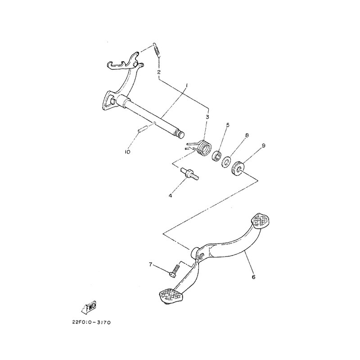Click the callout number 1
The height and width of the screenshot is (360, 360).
[187, 85]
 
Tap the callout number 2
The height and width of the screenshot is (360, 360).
[159, 72]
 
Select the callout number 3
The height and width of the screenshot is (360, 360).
[207, 117]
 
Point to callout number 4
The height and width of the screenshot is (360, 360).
[171, 196]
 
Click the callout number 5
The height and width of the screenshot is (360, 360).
[228, 125]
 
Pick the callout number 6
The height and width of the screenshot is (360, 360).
[253, 277]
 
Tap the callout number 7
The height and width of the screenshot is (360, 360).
[151, 265]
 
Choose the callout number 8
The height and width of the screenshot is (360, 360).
[247, 135]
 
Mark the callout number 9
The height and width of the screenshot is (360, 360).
[263, 145]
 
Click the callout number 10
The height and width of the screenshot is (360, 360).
[127, 152]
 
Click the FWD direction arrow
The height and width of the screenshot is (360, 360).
[89, 307]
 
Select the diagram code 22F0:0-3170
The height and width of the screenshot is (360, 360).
[91, 323]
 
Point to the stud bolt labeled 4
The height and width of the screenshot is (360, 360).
[189, 174]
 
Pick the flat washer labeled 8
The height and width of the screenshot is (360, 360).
[226, 162]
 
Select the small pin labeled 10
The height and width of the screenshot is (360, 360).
[143, 129]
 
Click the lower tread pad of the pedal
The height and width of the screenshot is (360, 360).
[171, 296]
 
